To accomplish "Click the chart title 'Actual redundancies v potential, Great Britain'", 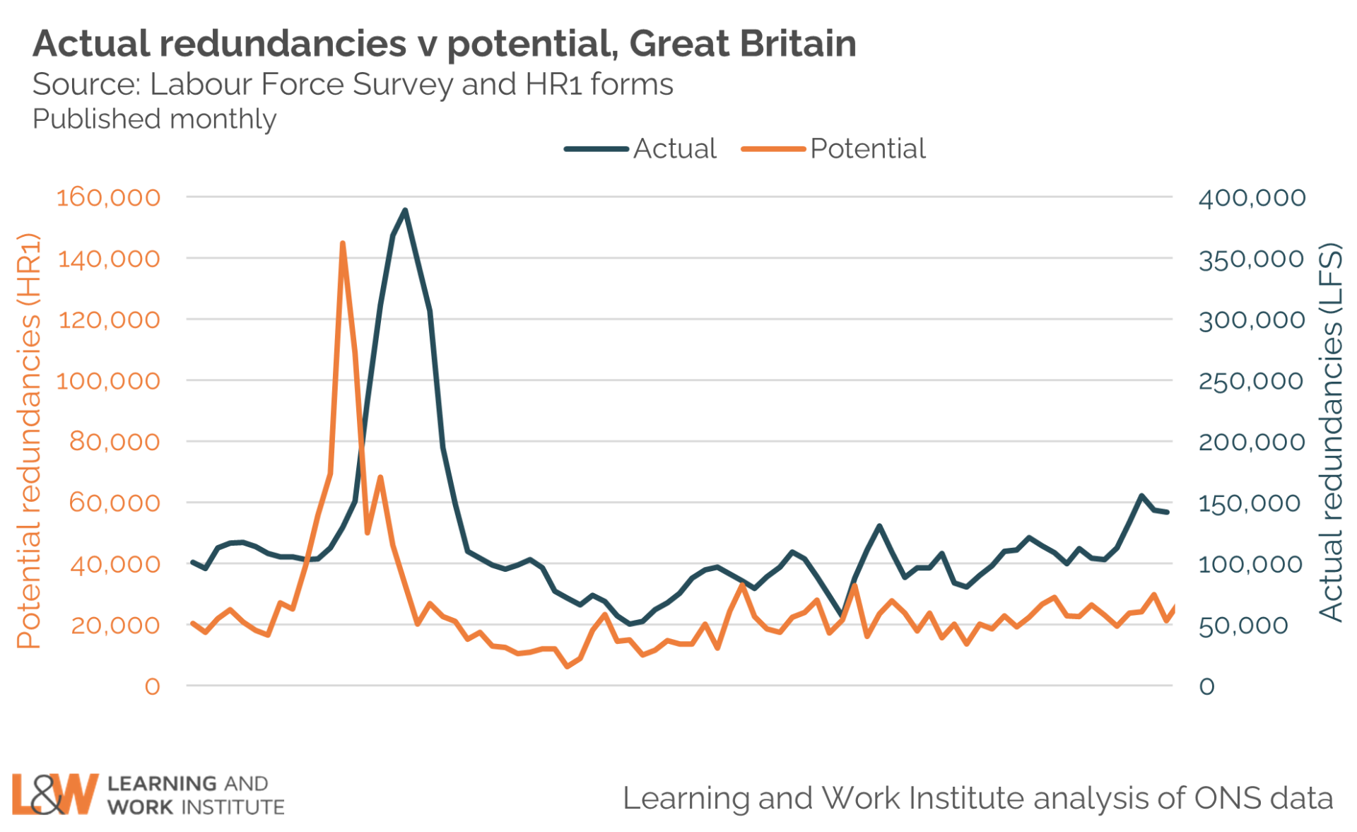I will pos(444,44).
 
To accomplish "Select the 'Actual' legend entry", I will pos(674,149).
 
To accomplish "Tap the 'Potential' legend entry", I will pos(867,149).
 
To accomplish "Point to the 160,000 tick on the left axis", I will pos(108,197).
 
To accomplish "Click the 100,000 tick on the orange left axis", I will pos(108,381).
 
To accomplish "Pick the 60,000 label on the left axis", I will pos(114,503).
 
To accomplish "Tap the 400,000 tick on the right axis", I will pos(1252,198).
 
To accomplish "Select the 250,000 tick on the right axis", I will pos(1250,381).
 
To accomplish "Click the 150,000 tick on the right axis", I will pos(1249,503).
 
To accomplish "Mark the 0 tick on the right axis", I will pos(1206,686).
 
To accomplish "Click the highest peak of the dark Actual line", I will pos(405,210).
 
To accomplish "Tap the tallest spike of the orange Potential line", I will pos(343,243).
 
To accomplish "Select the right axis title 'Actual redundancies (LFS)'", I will pos(1330,432).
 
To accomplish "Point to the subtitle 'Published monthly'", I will pos(154,119).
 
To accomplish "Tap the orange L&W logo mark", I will pos(54,794).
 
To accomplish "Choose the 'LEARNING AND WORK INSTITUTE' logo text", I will pos(196,795).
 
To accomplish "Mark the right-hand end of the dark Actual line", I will pos(1167,512).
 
